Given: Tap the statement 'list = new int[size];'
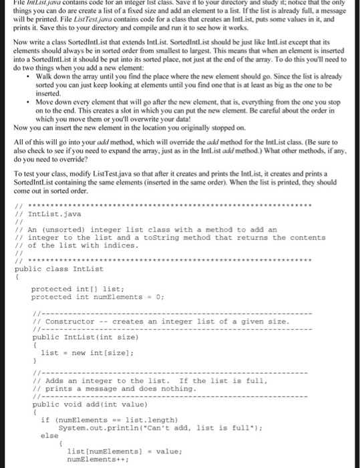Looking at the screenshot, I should (x=77, y=352).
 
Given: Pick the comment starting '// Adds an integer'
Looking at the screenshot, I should (x=147, y=380).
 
